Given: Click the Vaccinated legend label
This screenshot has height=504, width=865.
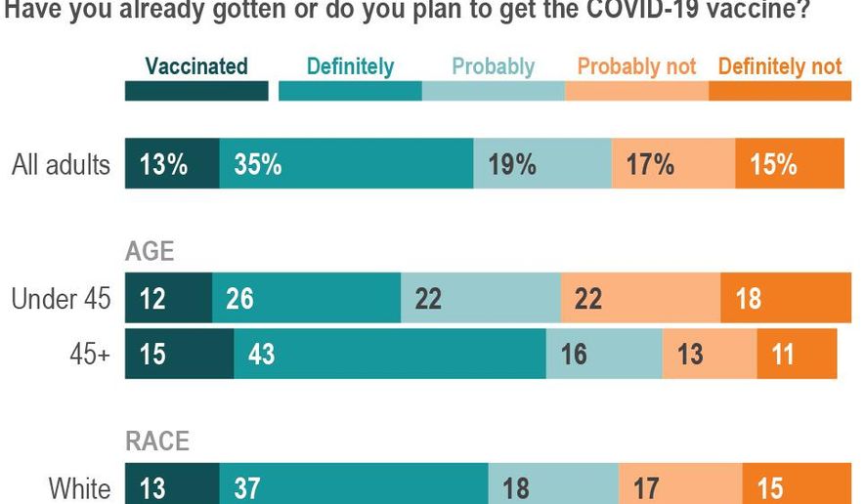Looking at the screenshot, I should click(196, 66).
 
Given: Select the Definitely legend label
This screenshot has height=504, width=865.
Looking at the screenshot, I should click(350, 66).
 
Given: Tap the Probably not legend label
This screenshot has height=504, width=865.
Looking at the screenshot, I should click(636, 66).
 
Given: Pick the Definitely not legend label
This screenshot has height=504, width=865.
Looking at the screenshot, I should click(779, 66).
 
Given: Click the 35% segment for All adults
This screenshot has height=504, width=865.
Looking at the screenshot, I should click(346, 164).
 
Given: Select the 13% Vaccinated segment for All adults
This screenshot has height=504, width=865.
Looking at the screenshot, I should click(172, 164).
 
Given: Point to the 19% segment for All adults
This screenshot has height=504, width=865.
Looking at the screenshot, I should click(542, 164).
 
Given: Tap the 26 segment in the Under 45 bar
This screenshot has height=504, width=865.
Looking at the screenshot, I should click(307, 298).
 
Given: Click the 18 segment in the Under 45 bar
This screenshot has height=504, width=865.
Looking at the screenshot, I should click(786, 298).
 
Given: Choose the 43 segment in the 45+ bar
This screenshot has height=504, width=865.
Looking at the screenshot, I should click(389, 353).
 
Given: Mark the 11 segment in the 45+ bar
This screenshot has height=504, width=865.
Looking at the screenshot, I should click(797, 353).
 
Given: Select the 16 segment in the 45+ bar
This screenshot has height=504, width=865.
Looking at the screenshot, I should click(603, 353).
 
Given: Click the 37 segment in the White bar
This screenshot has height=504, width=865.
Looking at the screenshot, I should click(354, 486).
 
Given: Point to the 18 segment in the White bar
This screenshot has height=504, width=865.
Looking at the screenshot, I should click(553, 486).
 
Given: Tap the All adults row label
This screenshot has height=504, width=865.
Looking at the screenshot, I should click(61, 164).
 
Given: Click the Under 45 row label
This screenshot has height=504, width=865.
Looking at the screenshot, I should click(61, 299).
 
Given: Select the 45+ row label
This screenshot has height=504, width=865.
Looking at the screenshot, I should click(90, 354).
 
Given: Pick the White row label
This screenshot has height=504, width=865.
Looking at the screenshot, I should click(79, 487).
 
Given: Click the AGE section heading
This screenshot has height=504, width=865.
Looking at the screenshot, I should click(150, 251).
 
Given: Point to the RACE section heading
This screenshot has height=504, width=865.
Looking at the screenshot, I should click(156, 441).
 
